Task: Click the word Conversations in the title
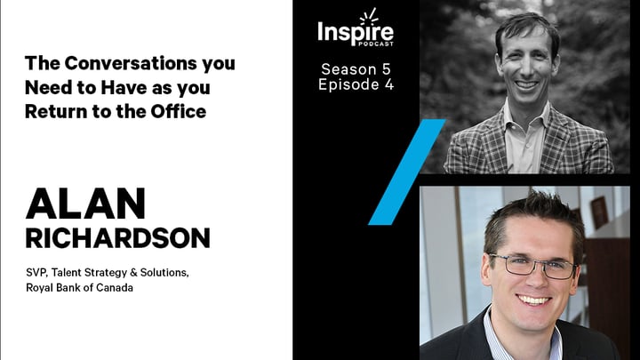tap(131, 63)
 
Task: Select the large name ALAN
tap(85, 204)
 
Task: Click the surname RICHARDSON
tap(118, 238)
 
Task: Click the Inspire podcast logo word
tap(356, 32)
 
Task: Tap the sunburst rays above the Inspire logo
tap(368, 16)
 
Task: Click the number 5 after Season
tap(386, 69)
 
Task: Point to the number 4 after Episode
tap(389, 84)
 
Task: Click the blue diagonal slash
tap(407, 172)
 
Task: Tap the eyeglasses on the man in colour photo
tap(533, 265)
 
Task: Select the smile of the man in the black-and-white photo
tap(526, 85)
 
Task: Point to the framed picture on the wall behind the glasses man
tap(599, 212)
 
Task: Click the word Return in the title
tap(56, 111)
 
